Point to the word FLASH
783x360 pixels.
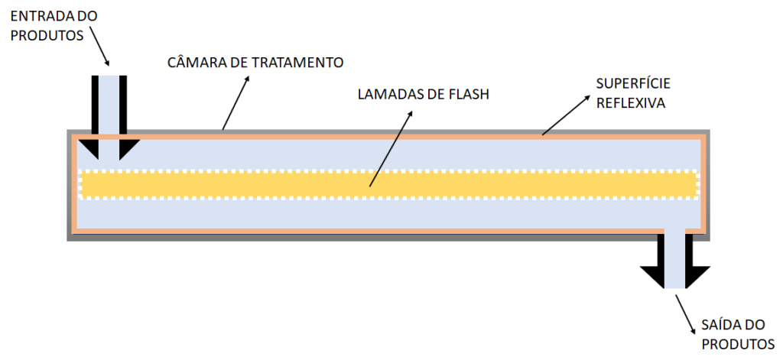pyautogui.click(x=469, y=96)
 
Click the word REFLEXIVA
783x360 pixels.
pyautogui.click(x=631, y=102)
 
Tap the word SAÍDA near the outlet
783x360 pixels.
pyautogui.click(x=714, y=324)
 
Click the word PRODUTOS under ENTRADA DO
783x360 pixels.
pyautogui.click(x=43, y=34)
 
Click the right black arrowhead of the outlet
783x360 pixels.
pyautogui.click(x=697, y=276)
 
